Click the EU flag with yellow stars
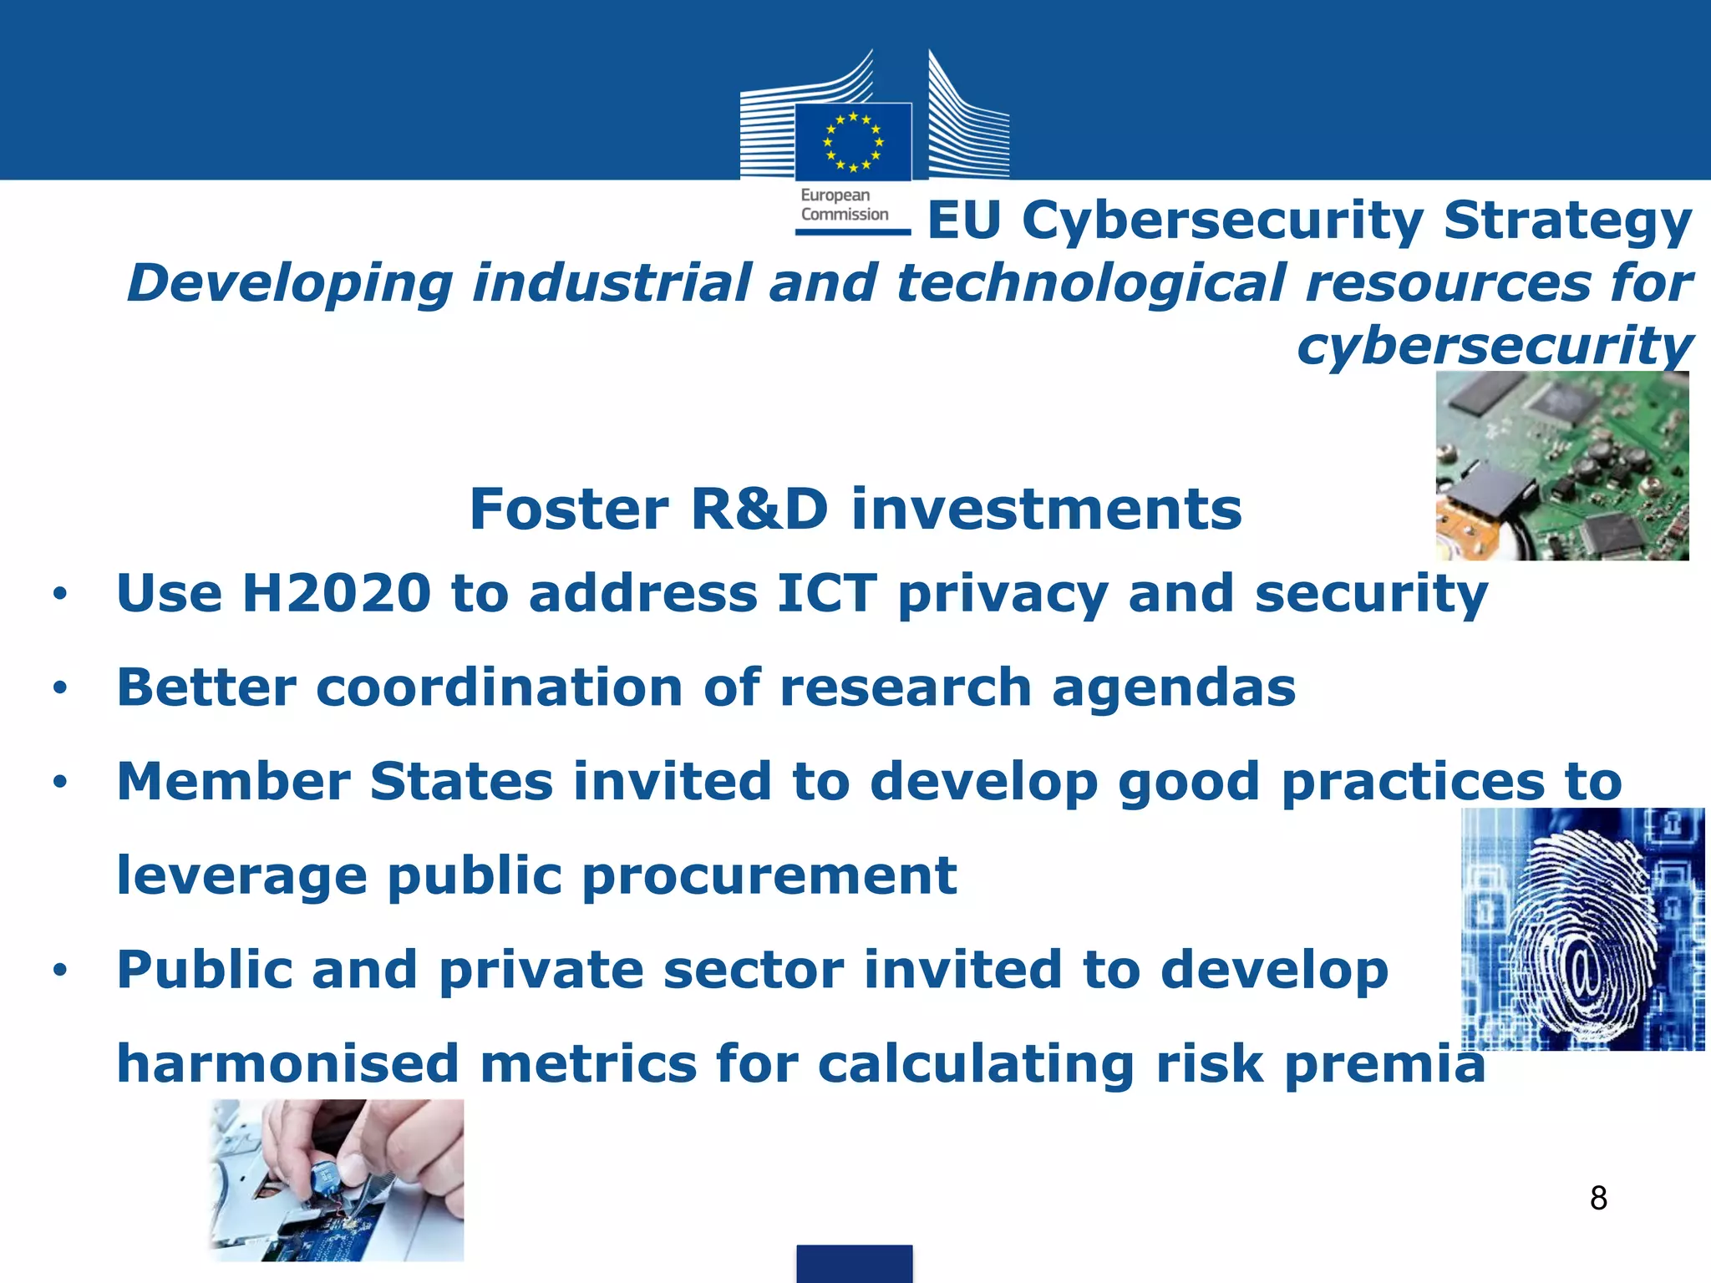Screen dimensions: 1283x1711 (x=853, y=141)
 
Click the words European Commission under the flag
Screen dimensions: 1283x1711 (x=844, y=205)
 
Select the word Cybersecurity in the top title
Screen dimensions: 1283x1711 (x=1222, y=222)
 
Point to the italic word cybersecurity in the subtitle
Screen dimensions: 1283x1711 (x=1495, y=347)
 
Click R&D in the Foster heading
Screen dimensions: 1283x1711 (x=759, y=510)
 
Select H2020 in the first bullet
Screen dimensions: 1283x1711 (x=336, y=594)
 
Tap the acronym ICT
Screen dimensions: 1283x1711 (x=827, y=594)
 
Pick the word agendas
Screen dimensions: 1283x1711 (x=1173, y=688)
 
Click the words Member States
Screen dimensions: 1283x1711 (x=335, y=782)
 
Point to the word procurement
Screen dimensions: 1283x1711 (x=769, y=876)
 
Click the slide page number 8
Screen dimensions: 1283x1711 (x=1598, y=1199)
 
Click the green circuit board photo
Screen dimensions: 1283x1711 (x=1561, y=466)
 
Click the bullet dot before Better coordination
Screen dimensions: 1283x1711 (x=59, y=689)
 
